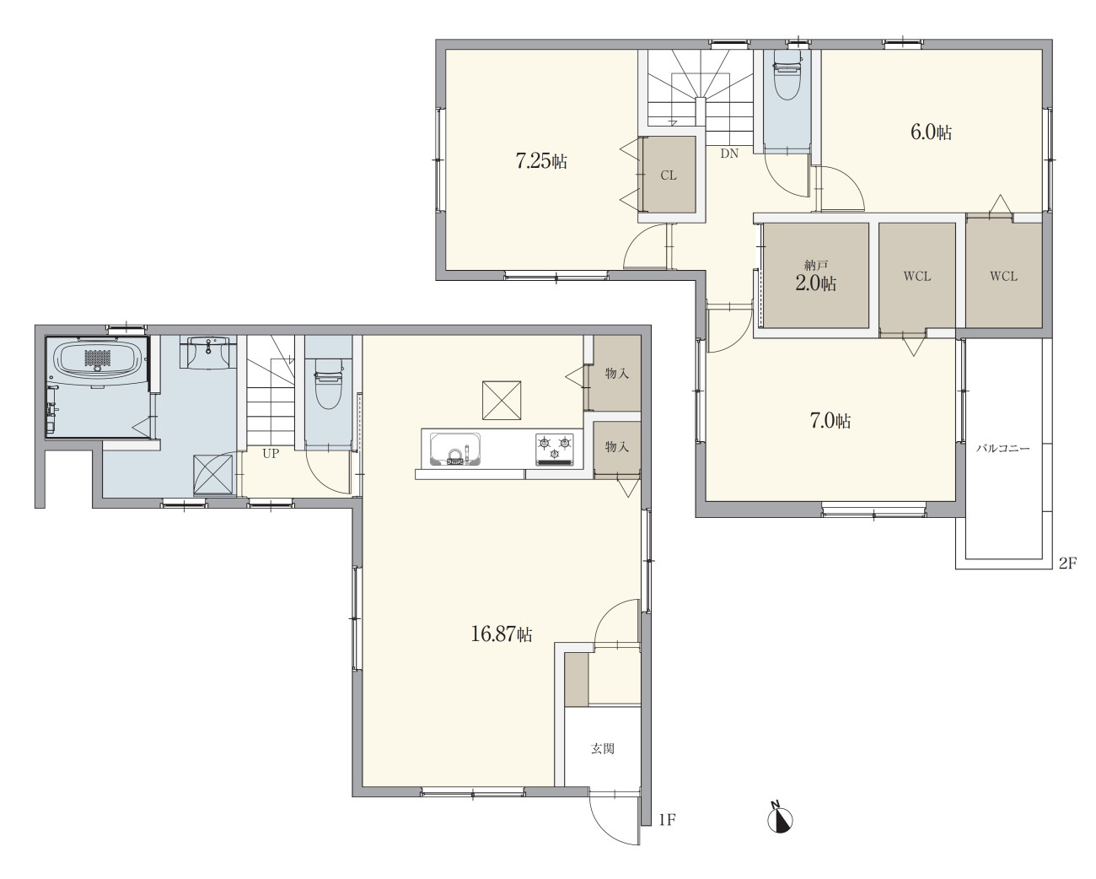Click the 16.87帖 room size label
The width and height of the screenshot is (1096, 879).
click(502, 634)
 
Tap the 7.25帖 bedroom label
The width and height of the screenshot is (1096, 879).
click(541, 161)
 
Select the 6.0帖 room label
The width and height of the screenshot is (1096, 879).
click(931, 132)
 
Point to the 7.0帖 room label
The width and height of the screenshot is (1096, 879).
click(830, 421)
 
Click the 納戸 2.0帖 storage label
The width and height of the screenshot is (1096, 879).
click(816, 278)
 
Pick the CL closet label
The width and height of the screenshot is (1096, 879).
click(669, 175)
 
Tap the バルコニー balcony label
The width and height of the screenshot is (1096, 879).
click(1002, 449)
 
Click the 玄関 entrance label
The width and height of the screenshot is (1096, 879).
click(603, 748)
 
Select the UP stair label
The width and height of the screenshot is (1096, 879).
click(271, 453)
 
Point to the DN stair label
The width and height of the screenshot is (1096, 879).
click(729, 153)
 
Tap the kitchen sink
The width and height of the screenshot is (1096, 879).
click(454, 449)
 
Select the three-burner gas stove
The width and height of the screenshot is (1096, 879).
click(554, 450)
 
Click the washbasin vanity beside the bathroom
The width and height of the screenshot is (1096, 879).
click(208, 352)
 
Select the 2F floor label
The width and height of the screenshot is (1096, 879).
click(1067, 563)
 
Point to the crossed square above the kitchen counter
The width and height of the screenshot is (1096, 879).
click(502, 401)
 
